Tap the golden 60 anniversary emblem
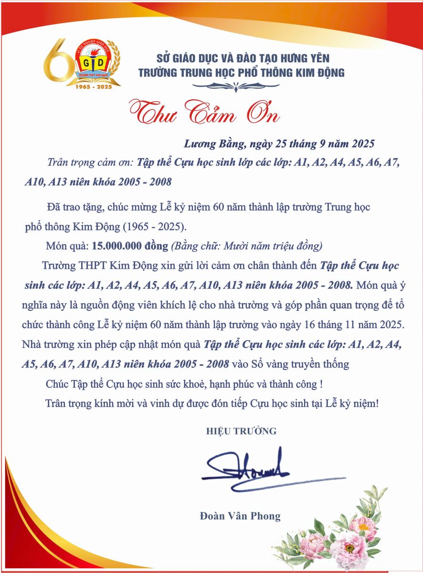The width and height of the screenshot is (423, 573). coord(81,62)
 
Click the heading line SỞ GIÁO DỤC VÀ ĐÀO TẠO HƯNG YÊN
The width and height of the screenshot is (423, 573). coord(243,59)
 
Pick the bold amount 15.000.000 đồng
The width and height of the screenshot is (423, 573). coord(130,246)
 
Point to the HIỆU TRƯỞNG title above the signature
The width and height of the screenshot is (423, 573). coord(241,431)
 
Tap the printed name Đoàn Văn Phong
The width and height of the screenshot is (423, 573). coord(240,516)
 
